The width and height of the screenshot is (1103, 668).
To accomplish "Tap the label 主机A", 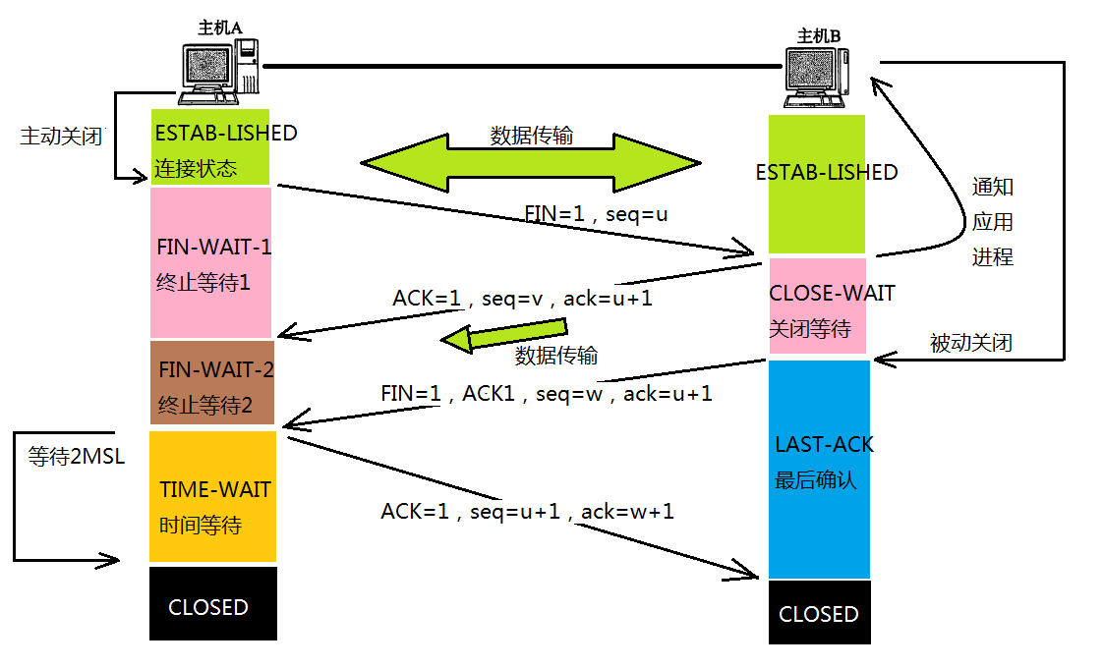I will point(219,28).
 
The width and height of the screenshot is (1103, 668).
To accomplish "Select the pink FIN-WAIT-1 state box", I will point(210,263).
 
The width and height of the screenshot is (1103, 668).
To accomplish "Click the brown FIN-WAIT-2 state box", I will point(211,382).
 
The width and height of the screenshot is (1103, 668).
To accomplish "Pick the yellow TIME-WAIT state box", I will point(212,496).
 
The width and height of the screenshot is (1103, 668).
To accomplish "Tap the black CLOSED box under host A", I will point(212,604).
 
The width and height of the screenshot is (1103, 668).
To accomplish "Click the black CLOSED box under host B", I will point(819,612).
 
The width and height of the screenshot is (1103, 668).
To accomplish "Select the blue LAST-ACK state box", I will point(819,469).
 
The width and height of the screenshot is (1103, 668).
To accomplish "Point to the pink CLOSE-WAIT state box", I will point(817,306).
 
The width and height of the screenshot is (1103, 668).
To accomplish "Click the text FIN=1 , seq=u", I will point(596,213).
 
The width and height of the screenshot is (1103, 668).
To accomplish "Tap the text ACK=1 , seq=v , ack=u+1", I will point(522,299).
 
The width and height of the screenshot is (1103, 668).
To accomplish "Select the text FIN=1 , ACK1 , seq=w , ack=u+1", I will point(546,393).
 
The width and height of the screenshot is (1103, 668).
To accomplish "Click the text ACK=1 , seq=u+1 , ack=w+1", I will point(527,512).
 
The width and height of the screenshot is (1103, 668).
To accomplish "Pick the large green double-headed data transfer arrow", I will point(531,161).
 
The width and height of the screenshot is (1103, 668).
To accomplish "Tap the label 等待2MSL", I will point(77,457).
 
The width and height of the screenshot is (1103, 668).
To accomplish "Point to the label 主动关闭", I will point(61,137).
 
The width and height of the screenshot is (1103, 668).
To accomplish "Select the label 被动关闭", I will point(970,343).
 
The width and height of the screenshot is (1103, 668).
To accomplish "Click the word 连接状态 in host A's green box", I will point(196,168).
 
